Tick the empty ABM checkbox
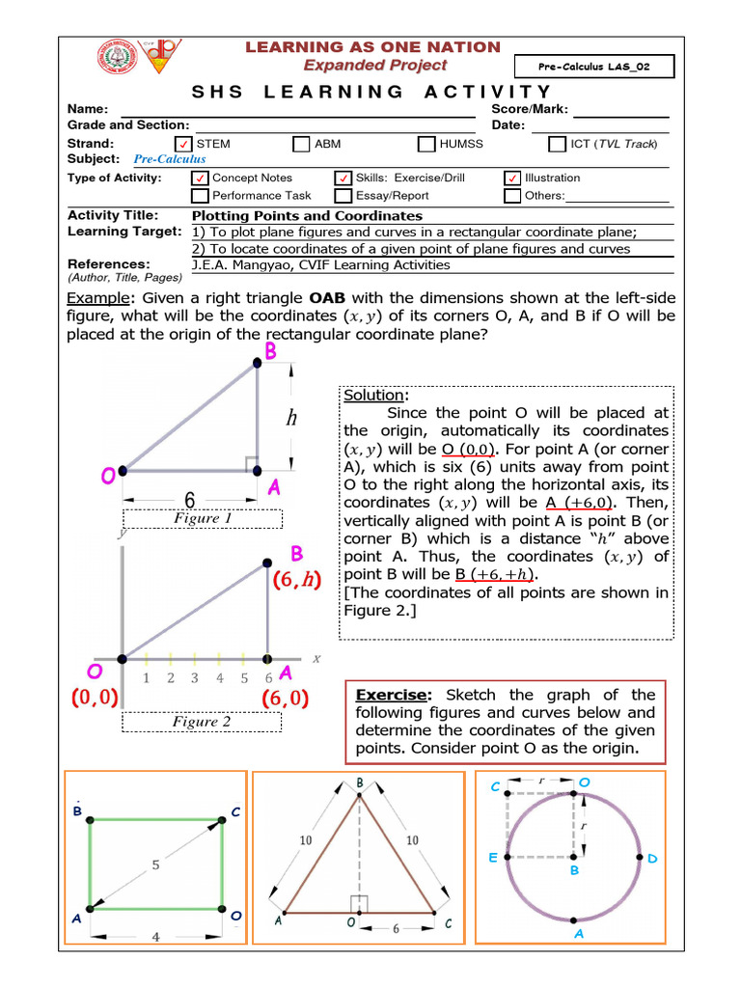[x=300, y=145]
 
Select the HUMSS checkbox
[x=426, y=145]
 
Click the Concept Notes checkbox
[x=201, y=178]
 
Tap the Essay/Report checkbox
[x=343, y=196]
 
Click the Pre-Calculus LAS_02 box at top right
[x=606, y=66]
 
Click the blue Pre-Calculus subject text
[x=169, y=159]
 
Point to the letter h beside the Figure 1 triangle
[x=290, y=418]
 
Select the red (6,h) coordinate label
[x=296, y=582]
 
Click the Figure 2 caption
[x=202, y=722]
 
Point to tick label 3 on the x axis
[x=194, y=678]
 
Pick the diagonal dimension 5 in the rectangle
[x=155, y=865]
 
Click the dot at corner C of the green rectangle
[x=223, y=819]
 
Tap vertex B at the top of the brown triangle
[x=360, y=793]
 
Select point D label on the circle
[x=652, y=858]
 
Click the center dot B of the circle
[x=574, y=856]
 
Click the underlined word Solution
[x=374, y=396]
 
